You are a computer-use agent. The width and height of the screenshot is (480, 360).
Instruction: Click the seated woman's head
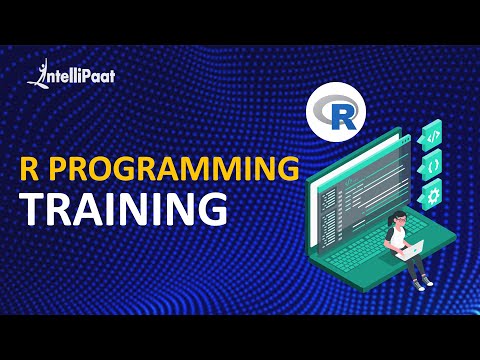[397, 221]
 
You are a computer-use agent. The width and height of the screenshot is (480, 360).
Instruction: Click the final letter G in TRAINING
[208, 208]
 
